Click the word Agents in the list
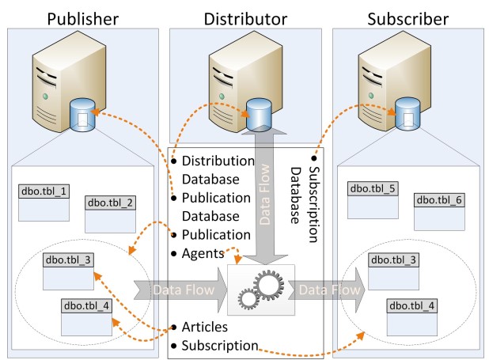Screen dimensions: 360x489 coord(202,253)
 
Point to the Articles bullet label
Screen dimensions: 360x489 coord(204,326)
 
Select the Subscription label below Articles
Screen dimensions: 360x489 coord(219,345)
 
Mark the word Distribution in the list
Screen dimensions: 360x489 coord(218,161)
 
